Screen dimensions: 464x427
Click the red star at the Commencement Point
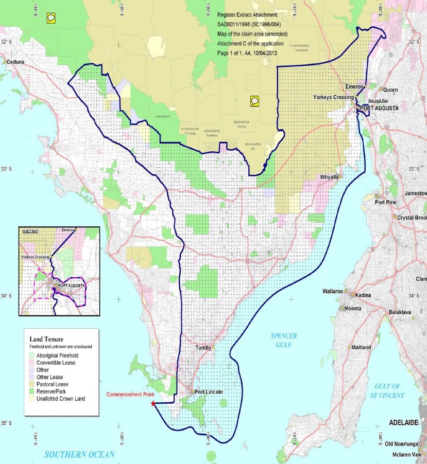[x=153, y=404]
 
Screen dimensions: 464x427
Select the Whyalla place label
[x=328, y=176]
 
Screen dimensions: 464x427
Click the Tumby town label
[x=203, y=348]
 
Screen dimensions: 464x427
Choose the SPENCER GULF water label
[x=284, y=340]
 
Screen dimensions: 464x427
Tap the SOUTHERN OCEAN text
[x=79, y=455]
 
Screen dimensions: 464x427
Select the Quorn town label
[x=391, y=90]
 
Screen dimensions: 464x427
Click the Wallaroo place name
[x=334, y=291]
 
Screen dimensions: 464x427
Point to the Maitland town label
[x=361, y=347]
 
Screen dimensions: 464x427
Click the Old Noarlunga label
[x=405, y=443]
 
